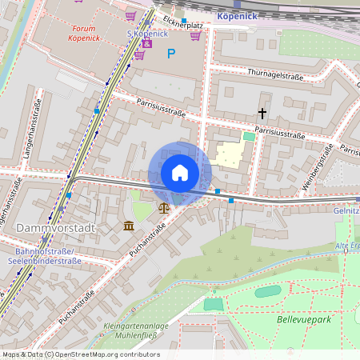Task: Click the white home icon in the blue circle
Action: (x=180, y=173)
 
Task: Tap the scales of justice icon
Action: (x=164, y=207)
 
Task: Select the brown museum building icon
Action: (x=130, y=226)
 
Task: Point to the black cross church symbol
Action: (x=262, y=114)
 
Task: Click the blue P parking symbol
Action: (x=170, y=54)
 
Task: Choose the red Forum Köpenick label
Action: (x=82, y=33)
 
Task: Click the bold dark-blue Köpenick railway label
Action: (x=237, y=14)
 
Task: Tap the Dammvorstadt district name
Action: (x=55, y=228)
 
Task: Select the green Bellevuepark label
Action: (x=303, y=318)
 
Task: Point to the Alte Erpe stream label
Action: (x=348, y=246)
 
